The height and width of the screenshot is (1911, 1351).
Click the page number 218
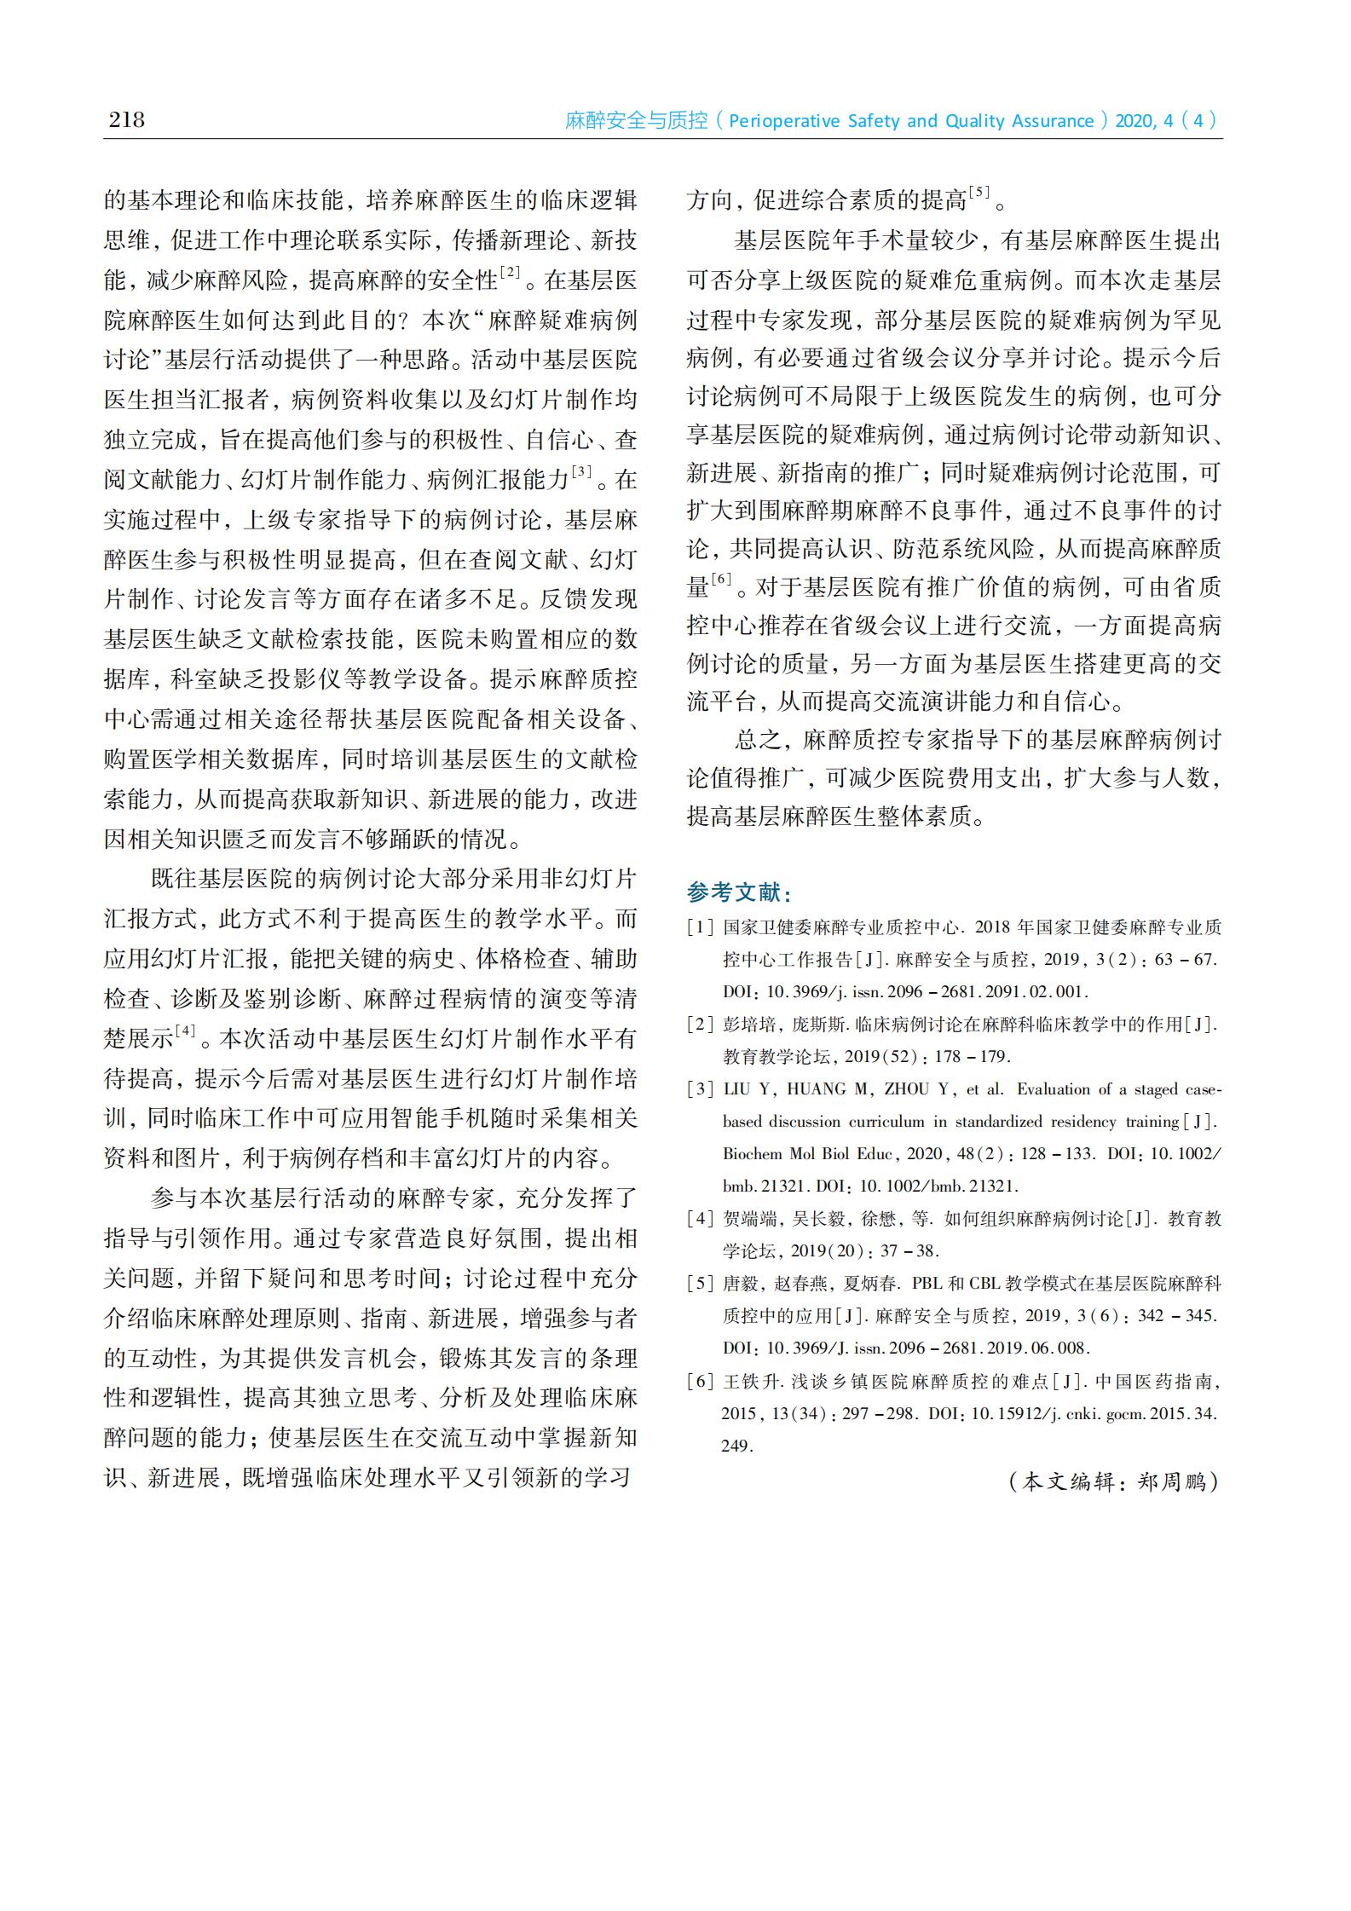[126, 118]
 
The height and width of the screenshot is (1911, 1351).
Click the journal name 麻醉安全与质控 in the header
[636, 121]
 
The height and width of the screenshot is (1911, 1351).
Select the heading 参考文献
[740, 892]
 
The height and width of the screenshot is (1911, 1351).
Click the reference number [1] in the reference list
[701, 927]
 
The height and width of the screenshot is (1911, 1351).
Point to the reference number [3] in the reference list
[701, 1089]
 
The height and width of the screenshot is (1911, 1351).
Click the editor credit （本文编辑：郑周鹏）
[1113, 1481]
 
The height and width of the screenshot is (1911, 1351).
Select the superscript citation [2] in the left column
[510, 274]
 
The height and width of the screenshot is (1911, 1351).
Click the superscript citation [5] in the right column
[979, 193]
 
